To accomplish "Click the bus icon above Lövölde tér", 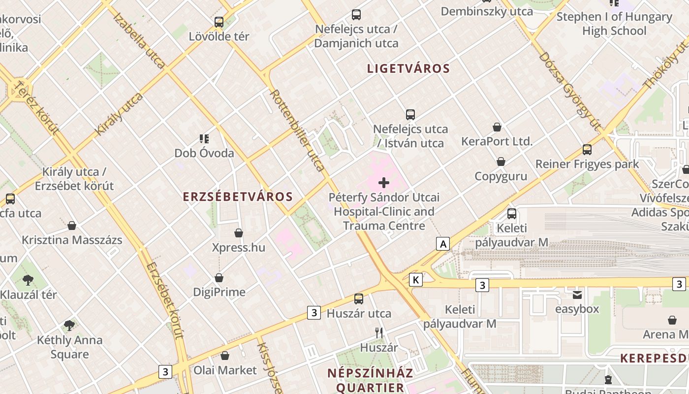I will (x=219, y=22).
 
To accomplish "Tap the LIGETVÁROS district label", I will (x=408, y=68).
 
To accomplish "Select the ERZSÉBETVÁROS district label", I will (x=238, y=197).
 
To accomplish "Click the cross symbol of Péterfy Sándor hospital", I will (x=384, y=183).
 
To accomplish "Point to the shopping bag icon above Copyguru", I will (x=501, y=162).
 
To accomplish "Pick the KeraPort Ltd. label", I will (x=497, y=141).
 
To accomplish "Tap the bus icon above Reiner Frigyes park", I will (x=587, y=150).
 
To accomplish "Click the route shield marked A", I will (x=443, y=244).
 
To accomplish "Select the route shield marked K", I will (x=416, y=280).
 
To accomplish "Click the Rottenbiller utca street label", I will (x=297, y=131).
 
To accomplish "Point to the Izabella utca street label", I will (x=139, y=40).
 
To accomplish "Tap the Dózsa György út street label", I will (x=571, y=91).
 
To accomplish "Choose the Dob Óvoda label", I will (x=204, y=153).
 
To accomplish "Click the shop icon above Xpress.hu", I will (x=239, y=233).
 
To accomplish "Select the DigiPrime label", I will (x=219, y=292).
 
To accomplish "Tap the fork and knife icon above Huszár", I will (x=379, y=333).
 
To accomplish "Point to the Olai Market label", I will (x=225, y=370).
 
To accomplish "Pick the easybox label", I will (x=577, y=309).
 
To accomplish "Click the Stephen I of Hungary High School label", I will (x=614, y=24).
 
